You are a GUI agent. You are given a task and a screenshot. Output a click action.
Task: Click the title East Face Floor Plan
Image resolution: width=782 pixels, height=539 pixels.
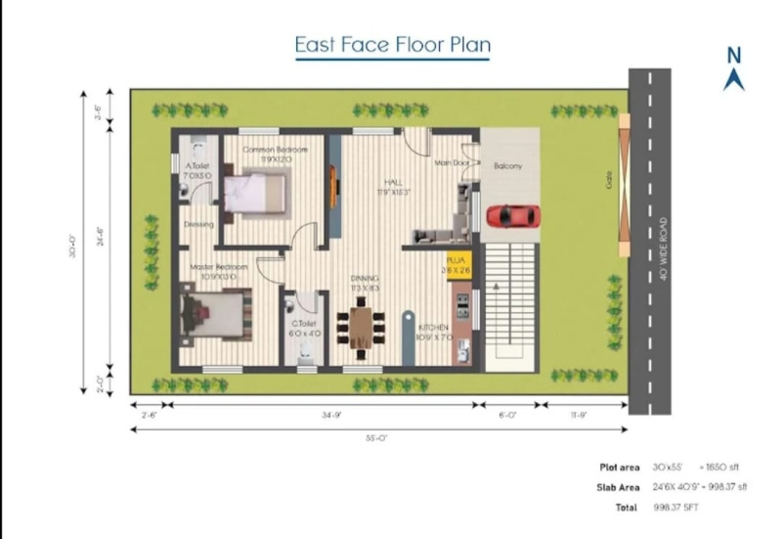tap(393, 45)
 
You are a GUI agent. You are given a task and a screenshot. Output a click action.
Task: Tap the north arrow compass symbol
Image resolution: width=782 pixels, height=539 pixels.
tap(733, 69)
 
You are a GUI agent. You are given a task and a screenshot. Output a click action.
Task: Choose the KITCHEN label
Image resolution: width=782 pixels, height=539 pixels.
tap(433, 328)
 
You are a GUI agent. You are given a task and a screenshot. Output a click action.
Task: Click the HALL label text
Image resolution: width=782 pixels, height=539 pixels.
tap(392, 182)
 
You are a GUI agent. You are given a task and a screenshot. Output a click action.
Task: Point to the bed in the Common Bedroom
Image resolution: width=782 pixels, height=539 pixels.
tap(255, 192)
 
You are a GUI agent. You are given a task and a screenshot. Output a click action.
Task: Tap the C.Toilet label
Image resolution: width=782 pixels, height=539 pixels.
tap(302, 323)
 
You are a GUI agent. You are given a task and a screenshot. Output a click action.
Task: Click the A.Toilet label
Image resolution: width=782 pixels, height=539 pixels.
tap(197, 166)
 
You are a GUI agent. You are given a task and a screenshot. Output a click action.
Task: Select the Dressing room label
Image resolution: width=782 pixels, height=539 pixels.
tap(198, 224)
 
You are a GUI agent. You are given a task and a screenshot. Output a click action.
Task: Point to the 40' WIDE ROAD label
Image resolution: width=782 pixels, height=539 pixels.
tap(664, 248)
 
